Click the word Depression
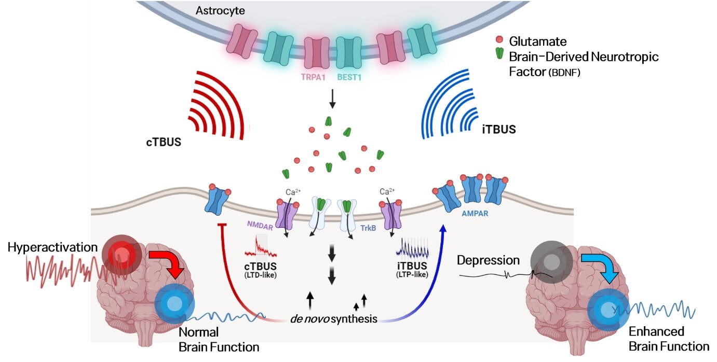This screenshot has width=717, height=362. pos(488,260)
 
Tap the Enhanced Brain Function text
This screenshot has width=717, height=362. pos(668,339)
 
